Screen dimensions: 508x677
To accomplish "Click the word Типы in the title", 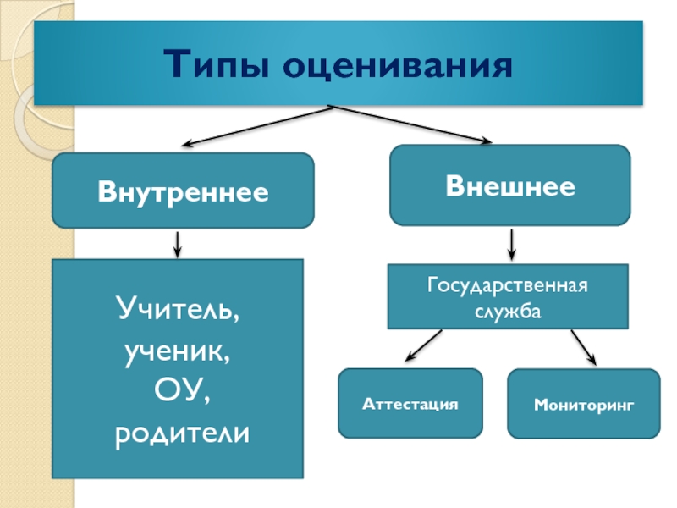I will (217, 64).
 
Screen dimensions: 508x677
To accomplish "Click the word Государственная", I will (508, 284).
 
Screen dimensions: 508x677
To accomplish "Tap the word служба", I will (508, 311).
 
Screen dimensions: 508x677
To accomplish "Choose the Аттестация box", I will (410, 404).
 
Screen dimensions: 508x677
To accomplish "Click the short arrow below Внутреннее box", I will (177, 244).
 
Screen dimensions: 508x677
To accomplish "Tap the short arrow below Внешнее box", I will (511, 245).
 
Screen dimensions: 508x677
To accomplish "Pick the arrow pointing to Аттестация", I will (423, 345).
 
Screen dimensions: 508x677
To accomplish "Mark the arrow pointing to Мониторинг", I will (582, 346).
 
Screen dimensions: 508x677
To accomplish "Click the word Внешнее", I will (509, 185).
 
